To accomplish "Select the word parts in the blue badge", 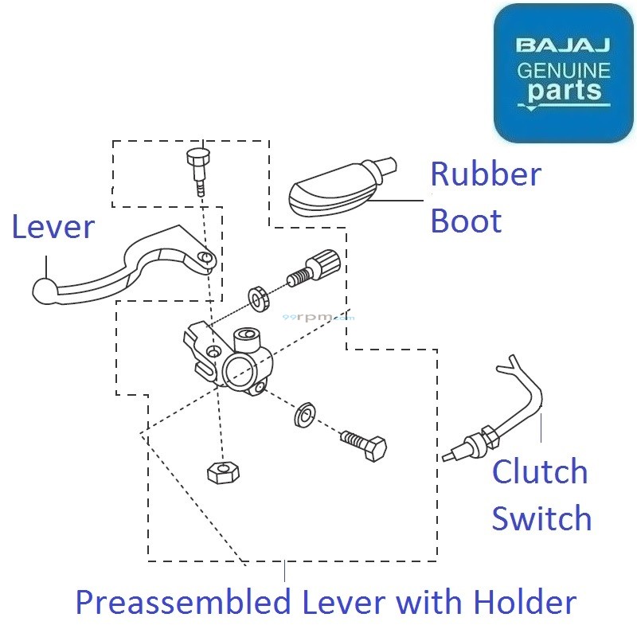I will pyautogui.click(x=563, y=92).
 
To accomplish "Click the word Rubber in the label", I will pyautogui.click(x=486, y=174).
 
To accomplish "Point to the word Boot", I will pyautogui.click(x=466, y=221).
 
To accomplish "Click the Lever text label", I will pyautogui.click(x=53, y=228).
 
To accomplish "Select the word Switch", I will pyautogui.click(x=541, y=518).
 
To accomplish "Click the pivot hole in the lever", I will pyautogui.click(x=206, y=259).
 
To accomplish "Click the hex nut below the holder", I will pyautogui.click(x=224, y=471).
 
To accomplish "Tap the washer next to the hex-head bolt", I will pyautogui.click(x=303, y=415).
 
